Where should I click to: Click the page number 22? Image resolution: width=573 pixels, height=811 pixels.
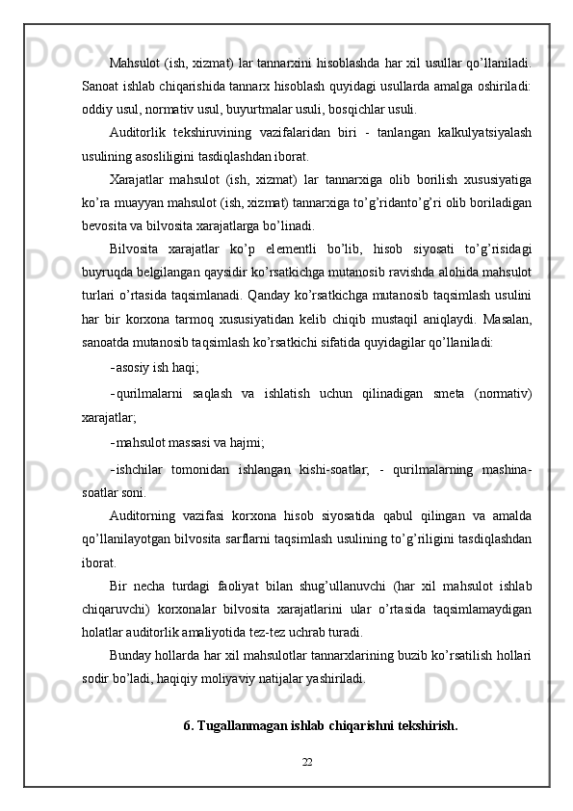(x=307, y=763)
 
